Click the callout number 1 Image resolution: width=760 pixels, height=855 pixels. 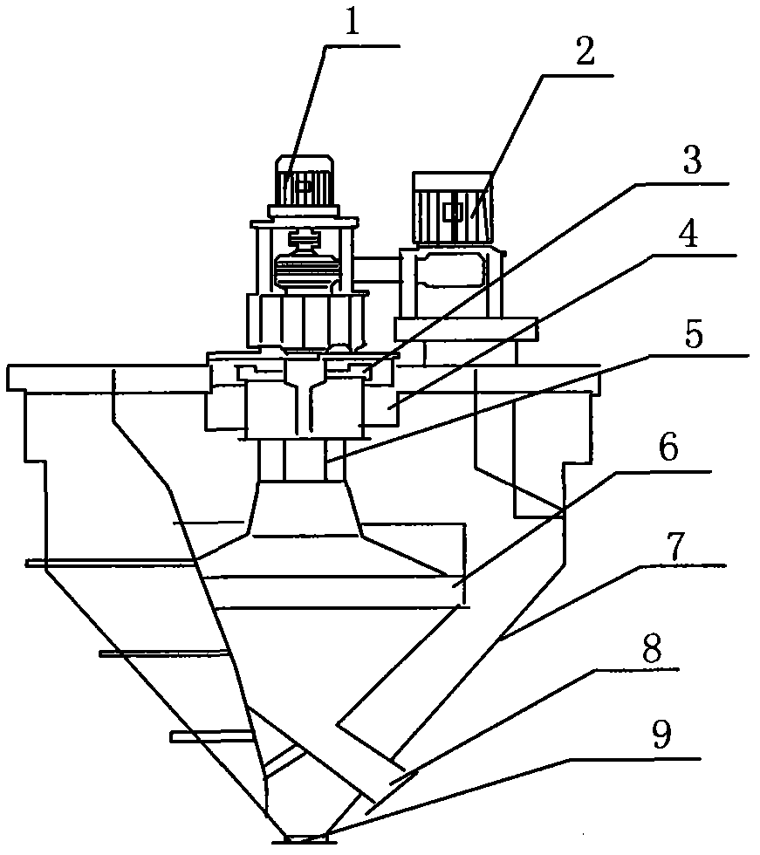[352, 24]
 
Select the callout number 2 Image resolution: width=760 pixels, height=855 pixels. [584, 55]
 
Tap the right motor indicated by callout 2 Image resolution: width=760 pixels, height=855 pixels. [452, 208]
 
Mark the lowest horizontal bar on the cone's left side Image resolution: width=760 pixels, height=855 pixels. [209, 737]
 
